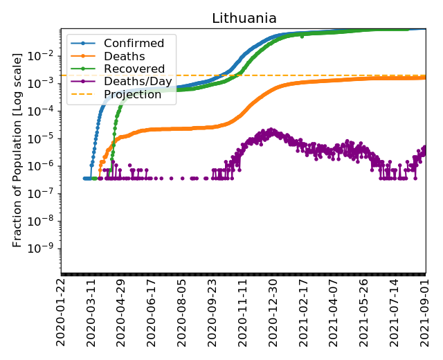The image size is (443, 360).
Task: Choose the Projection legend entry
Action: tap(132, 94)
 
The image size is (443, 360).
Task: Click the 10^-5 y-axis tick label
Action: tap(43, 138)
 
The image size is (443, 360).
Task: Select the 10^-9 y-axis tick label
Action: tap(43, 249)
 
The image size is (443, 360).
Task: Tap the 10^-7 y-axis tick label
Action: tap(43, 193)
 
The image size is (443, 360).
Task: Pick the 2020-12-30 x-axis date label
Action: tap(273, 312)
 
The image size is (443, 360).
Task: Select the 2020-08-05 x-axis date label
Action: tap(182, 312)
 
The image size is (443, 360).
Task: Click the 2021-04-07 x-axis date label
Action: tap(334, 312)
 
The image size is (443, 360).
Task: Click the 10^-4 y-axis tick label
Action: tap(43, 111)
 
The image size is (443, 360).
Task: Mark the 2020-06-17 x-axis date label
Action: tap(152, 312)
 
